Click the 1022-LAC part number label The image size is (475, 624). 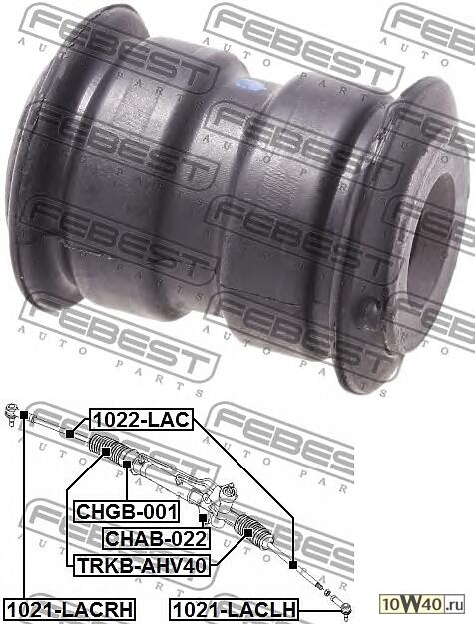point(141,420)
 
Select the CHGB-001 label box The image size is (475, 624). point(127,512)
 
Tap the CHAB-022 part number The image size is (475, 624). point(156,539)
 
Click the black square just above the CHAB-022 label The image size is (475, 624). point(202,519)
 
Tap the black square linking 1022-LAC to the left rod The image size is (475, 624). point(70,433)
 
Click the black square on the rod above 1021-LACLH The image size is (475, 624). point(294,566)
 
